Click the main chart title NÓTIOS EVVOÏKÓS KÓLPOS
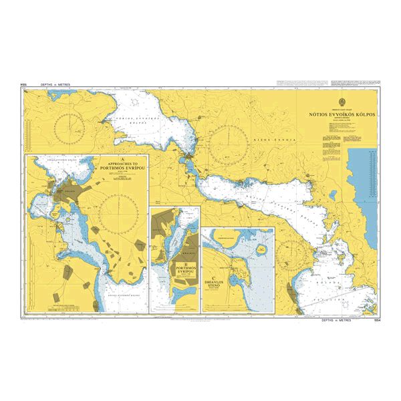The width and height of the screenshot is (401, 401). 341,115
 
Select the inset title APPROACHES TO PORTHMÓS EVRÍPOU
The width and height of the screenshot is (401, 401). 121,166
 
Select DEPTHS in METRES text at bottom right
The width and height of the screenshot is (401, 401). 342,321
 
